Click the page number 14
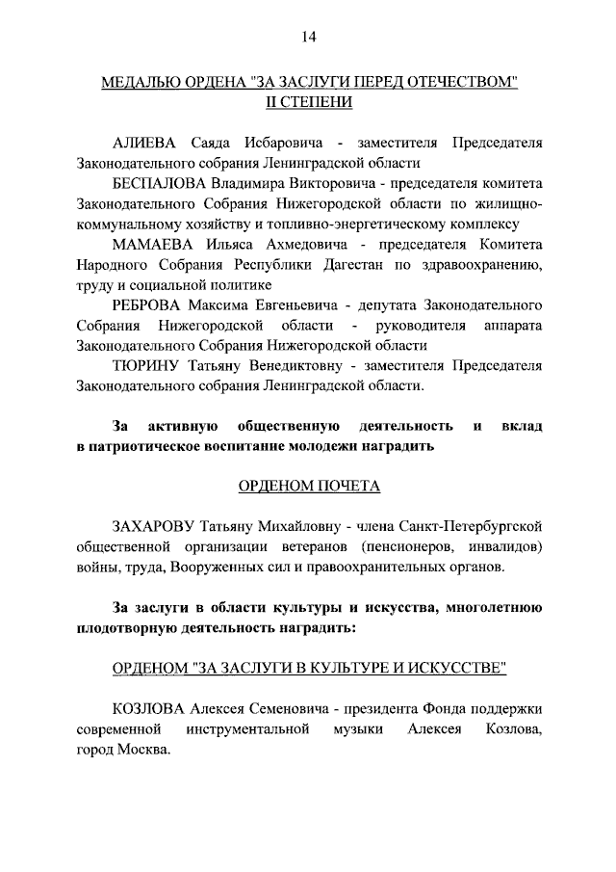[308, 37]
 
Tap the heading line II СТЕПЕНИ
[309, 103]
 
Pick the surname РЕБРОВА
[147, 305]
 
